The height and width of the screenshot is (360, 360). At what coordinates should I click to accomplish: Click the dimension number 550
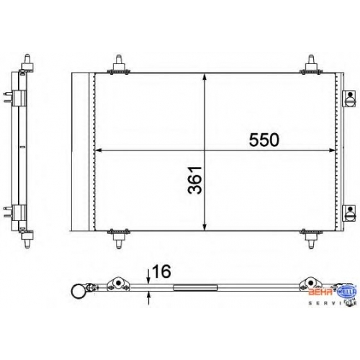(264, 140)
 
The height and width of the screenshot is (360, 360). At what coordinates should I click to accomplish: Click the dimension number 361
(194, 180)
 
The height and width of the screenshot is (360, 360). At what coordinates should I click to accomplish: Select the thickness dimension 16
(161, 271)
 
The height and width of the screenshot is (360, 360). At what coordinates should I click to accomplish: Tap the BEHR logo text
(320, 292)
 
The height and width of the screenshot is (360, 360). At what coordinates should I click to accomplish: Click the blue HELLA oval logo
(347, 292)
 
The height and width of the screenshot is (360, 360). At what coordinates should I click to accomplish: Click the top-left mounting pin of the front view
(119, 64)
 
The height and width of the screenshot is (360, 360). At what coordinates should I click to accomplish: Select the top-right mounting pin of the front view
(311, 64)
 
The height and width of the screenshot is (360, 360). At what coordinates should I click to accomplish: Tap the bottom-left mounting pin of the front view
(119, 239)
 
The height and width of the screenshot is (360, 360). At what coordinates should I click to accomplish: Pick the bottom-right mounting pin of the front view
(311, 239)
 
